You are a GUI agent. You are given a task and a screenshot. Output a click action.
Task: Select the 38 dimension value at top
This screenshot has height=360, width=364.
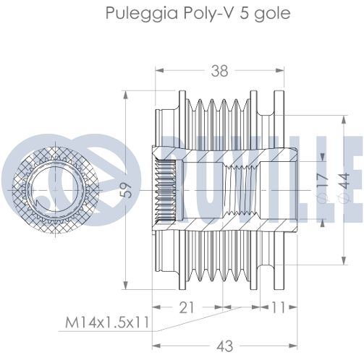pyautogui.click(x=219, y=71)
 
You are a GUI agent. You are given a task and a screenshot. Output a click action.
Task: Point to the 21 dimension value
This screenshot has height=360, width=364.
pyautogui.click(x=187, y=307)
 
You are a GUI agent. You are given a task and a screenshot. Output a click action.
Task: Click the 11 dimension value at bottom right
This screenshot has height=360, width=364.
pyautogui.click(x=279, y=307)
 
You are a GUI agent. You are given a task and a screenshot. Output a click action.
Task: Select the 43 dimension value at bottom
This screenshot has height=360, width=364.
pyautogui.click(x=224, y=346)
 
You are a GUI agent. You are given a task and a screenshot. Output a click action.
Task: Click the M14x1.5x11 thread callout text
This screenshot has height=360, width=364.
pyautogui.click(x=107, y=322)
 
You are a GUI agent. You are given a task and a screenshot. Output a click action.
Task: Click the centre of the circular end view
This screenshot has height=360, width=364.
pyautogui.click(x=55, y=190)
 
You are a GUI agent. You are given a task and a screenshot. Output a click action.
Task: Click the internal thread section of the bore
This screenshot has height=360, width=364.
pyautogui.click(x=241, y=190)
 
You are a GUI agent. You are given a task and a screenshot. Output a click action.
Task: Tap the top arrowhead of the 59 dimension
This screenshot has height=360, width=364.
pyautogui.click(x=125, y=95)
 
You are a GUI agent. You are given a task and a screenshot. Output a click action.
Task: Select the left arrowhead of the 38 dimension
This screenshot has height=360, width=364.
pyautogui.click(x=159, y=70)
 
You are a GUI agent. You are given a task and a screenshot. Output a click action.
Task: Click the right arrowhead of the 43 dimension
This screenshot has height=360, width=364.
pyautogui.click(x=292, y=346)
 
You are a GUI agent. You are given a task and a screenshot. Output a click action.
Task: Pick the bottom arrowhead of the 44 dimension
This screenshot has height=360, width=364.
pyautogui.click(x=344, y=261)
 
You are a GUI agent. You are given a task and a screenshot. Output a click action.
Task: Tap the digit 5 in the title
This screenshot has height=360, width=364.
pyautogui.click(x=244, y=12)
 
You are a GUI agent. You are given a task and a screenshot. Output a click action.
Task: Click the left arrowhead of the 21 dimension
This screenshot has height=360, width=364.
pyautogui.click(x=156, y=307)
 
